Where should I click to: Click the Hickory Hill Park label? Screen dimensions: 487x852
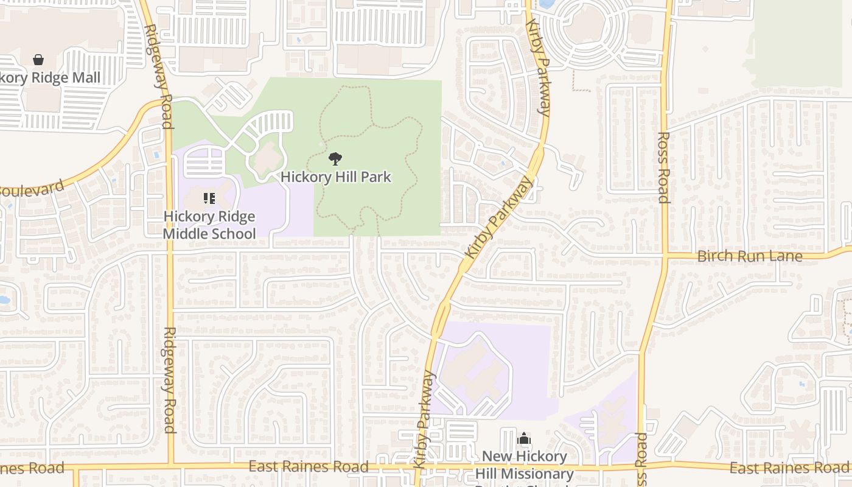coord(335,177)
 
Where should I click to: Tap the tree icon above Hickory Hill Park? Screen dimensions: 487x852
coord(335,159)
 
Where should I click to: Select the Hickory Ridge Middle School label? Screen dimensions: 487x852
coord(209,225)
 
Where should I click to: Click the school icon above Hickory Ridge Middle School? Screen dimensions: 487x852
coord(209,198)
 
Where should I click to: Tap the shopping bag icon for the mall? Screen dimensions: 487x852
coord(38,60)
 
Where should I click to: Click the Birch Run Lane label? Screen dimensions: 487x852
coord(750,256)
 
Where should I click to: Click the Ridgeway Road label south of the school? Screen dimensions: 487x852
coord(170,380)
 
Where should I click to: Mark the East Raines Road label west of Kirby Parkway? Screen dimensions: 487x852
coord(309,467)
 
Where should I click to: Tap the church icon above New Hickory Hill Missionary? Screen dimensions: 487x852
coord(524,439)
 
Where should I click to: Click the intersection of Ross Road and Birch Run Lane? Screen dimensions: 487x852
coord(665,256)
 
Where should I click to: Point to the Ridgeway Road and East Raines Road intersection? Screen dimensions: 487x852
coord(170,468)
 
